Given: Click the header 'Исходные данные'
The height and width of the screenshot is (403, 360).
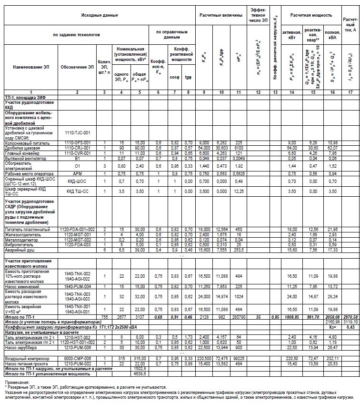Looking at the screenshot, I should click(x=99, y=16).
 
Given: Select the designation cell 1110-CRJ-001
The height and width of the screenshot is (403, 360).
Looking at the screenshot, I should click(x=78, y=147).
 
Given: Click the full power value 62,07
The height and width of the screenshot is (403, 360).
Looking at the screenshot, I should click(x=331, y=147).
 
